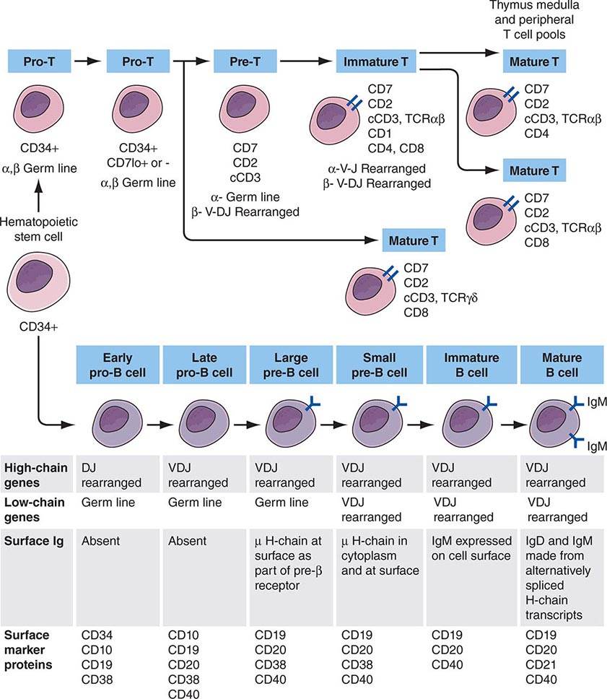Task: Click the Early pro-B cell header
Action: coord(118,365)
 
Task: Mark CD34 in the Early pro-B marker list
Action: coord(97,635)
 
